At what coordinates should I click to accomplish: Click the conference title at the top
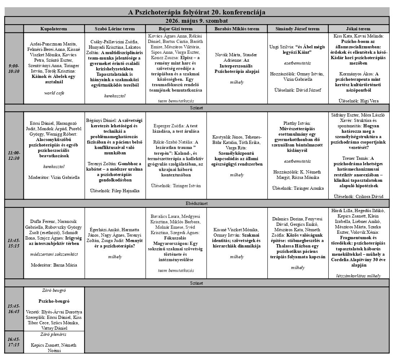point(197,12)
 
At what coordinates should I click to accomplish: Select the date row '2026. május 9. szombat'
point(197,21)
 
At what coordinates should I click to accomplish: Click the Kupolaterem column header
point(54,29)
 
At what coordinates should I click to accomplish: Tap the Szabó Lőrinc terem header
point(115,29)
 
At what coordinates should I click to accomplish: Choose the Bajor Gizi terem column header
point(176,29)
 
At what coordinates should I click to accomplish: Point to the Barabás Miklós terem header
point(237,29)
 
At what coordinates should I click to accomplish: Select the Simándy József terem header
point(297,29)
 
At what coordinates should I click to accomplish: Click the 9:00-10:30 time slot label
point(14,69)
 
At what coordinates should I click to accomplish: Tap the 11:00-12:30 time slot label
point(14,155)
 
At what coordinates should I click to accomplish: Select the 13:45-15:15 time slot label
point(14,243)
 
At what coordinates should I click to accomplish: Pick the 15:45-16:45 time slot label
point(14,309)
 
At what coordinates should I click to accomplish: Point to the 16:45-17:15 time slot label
point(14,342)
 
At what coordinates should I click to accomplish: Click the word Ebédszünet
point(197,203)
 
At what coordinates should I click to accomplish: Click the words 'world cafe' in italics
point(54,93)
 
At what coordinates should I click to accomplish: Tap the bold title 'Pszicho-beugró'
point(54,301)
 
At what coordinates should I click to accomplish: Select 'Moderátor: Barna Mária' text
point(54,265)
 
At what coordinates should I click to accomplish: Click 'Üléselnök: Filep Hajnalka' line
point(115,190)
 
